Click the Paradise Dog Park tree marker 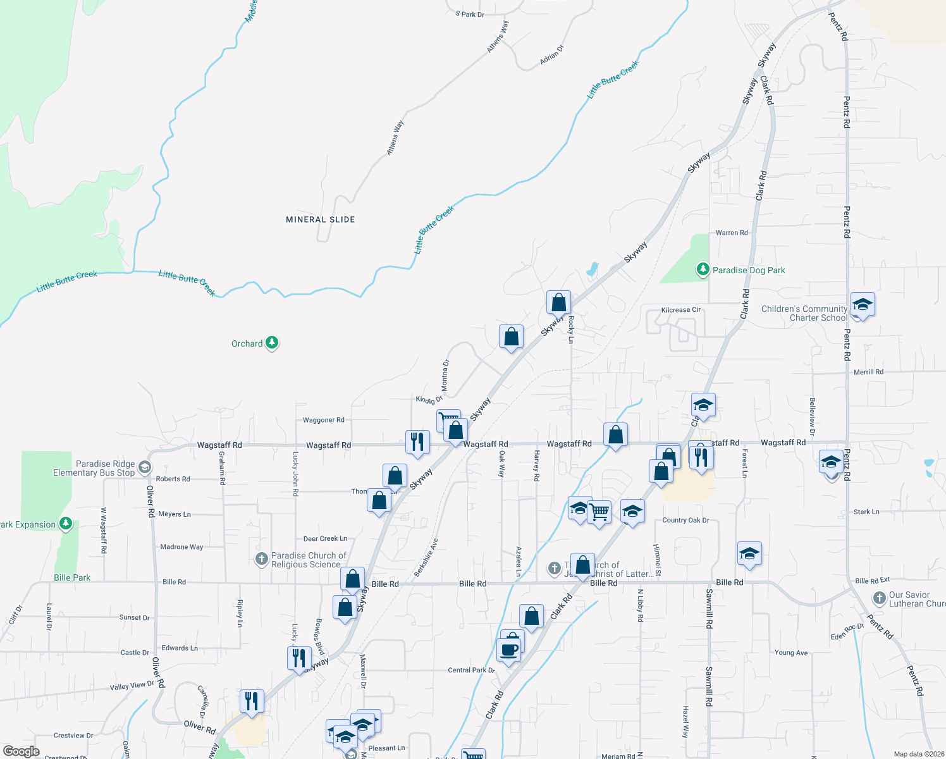(703, 269)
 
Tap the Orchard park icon (272, 343)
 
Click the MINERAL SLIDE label (321, 219)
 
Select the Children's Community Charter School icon (863, 305)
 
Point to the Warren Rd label (732, 233)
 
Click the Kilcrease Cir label (681, 310)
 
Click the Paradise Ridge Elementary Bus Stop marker (144, 467)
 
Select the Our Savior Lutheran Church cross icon (879, 598)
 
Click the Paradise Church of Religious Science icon (262, 558)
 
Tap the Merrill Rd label (868, 372)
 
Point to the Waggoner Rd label (324, 420)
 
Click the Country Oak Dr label (685, 521)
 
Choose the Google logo (21, 751)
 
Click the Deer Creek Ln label (325, 539)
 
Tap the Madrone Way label (181, 547)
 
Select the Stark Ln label (866, 512)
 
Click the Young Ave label (791, 653)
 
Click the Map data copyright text (919, 754)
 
